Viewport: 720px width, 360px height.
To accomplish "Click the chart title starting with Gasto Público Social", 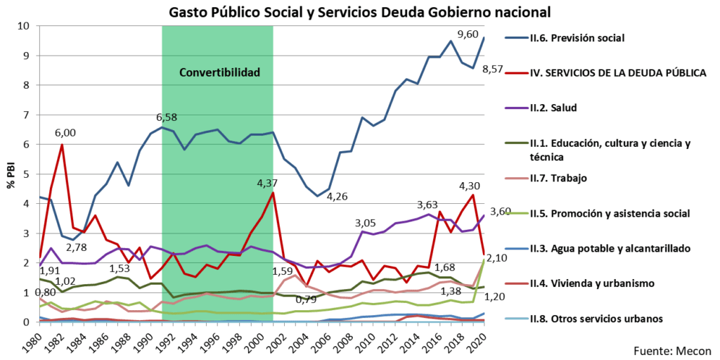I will coord(359,12).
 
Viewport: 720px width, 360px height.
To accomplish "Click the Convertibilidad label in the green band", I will coord(219,72).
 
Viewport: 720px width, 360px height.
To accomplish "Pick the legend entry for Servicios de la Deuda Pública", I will coord(615,72).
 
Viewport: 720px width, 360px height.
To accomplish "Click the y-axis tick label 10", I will coord(23,26).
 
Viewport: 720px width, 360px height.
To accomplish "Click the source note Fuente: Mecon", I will coord(671,351).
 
